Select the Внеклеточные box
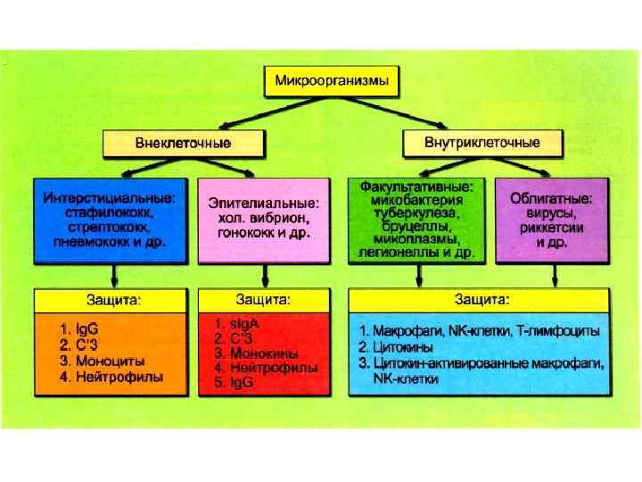184,142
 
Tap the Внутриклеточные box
482,142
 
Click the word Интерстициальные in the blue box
110,197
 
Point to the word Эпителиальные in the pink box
264,203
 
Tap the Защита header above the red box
263,298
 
